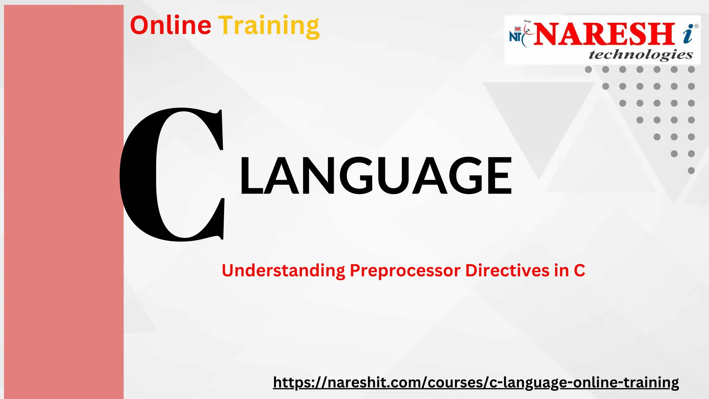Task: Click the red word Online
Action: [170, 26]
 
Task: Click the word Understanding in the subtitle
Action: [283, 271]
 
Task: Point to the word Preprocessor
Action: [405, 271]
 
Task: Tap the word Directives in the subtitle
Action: [507, 270]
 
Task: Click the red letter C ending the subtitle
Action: [579, 270]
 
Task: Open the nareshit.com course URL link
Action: [476, 382]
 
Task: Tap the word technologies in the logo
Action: [640, 55]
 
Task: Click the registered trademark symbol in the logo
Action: [696, 26]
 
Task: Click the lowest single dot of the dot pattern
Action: [691, 170]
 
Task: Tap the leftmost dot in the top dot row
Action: [588, 70]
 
